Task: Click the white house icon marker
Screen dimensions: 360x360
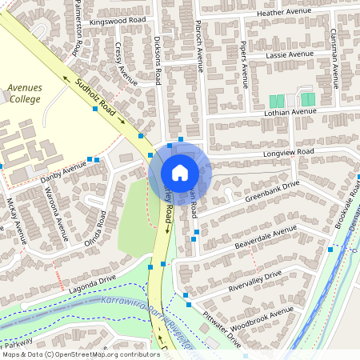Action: point(180,172)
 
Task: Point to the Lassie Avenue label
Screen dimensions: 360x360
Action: point(288,54)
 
